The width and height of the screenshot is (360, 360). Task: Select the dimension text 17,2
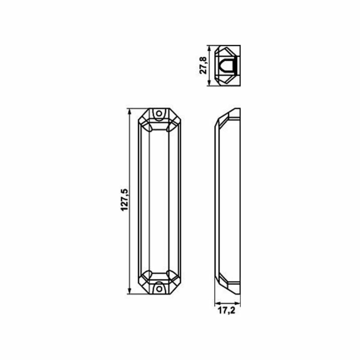point(226,311)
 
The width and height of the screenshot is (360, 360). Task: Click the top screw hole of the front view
point(159,114)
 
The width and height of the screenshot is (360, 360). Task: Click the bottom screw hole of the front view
point(159,289)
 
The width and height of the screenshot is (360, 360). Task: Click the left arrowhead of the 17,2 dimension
point(217,303)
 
